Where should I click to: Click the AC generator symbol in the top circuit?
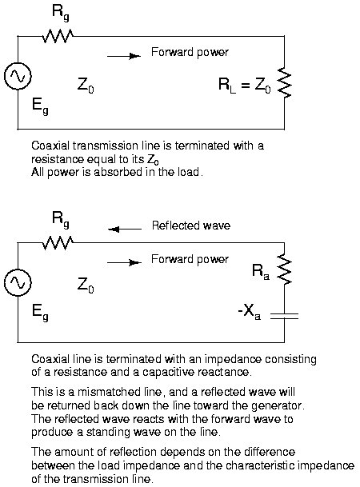[x=18, y=76]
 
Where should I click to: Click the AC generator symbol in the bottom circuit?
[x=18, y=282]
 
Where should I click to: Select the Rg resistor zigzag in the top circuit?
[x=58, y=36]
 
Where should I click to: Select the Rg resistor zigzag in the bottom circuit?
[x=58, y=243]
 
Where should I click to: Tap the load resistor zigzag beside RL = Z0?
[x=285, y=83]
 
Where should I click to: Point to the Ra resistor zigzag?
[x=285, y=269]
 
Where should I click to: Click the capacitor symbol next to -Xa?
[x=284, y=316]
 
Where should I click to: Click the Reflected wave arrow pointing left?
[x=125, y=230]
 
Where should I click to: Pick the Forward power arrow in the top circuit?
[x=124, y=56]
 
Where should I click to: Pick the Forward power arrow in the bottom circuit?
[x=124, y=263]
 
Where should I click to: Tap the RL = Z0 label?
[x=245, y=85]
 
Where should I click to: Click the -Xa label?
[x=249, y=311]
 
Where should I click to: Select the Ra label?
[x=261, y=271]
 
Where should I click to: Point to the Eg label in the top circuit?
[x=40, y=106]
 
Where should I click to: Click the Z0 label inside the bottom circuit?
[x=86, y=285]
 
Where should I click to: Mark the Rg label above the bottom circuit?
[x=61, y=219]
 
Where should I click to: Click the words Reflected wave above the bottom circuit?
[x=191, y=226]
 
